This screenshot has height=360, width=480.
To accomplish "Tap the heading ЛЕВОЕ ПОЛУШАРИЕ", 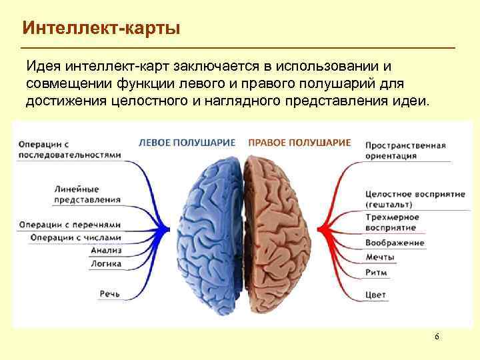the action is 187,142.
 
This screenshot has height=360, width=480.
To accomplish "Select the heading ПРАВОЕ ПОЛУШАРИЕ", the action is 299,142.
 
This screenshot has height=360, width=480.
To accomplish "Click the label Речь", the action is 109,293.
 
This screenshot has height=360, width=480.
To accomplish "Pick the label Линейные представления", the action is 87,193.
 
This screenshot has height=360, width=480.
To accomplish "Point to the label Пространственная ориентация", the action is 405,150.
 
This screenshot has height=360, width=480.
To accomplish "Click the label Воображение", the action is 395,243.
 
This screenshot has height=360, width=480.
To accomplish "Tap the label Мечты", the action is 380,257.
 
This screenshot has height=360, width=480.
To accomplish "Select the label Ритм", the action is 376,272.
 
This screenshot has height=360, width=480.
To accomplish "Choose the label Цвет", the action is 375,295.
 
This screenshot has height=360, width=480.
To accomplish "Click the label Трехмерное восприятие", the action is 392,223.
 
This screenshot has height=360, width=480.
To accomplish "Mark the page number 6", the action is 437,337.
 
